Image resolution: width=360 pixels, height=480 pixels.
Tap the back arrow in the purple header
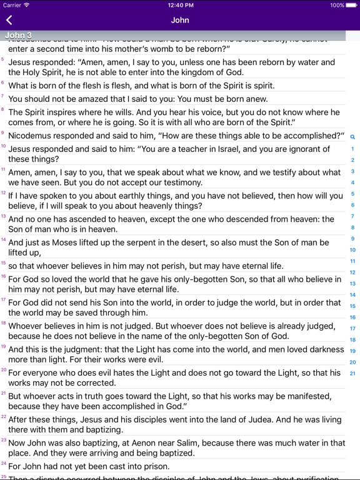[9, 20]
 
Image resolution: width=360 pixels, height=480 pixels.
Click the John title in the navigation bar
[180, 20]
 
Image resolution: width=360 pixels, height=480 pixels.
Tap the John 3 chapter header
[18, 36]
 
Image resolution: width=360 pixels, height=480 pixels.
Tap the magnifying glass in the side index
[352, 137]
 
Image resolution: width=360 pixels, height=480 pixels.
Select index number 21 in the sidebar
[352, 374]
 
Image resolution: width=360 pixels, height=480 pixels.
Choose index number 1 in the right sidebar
[352, 149]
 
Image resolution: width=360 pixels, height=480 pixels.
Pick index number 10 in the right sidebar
[352, 250]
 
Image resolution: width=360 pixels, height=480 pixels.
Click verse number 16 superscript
[3, 276]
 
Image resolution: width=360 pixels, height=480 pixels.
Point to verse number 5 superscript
[2, 59]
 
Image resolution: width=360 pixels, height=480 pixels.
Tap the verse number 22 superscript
[3, 416]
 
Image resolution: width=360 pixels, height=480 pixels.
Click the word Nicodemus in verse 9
[32, 136]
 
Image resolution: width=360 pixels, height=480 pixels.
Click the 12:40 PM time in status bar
[180, 5]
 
